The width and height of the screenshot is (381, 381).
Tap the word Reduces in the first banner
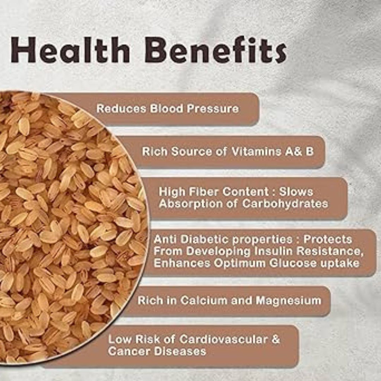point(121,108)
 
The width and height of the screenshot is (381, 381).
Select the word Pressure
point(213,108)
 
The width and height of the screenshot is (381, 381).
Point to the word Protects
point(327,239)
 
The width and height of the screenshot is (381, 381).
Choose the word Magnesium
point(289,300)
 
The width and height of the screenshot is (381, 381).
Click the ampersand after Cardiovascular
point(276,339)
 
